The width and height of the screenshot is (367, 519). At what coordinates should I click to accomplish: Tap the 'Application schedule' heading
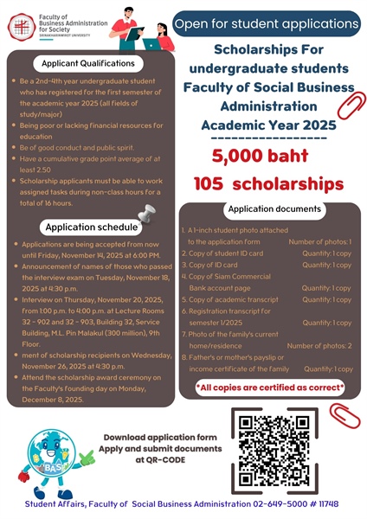click(91, 227)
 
